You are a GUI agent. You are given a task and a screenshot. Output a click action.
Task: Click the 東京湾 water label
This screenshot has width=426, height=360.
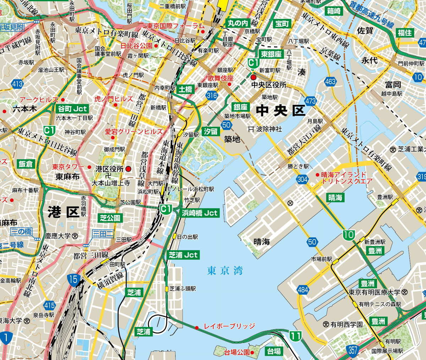pyautogui.click(x=225, y=271)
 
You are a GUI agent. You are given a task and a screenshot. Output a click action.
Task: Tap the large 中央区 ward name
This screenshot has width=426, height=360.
pyautogui.click(x=280, y=111)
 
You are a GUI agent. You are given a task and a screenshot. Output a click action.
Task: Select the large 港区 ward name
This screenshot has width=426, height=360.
pyautogui.click(x=64, y=212)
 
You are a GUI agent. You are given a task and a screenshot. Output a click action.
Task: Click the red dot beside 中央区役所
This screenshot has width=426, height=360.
pyautogui.click(x=253, y=77)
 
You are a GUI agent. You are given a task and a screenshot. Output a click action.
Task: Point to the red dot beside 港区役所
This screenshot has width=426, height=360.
pyautogui.click(x=129, y=169)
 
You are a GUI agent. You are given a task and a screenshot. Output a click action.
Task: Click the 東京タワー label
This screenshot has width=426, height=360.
pyautogui.click(x=68, y=167)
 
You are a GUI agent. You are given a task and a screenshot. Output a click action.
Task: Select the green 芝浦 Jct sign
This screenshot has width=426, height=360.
pyautogui.click(x=183, y=255)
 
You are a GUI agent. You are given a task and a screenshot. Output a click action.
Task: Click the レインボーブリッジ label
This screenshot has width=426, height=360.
pyautogui.click(x=229, y=326)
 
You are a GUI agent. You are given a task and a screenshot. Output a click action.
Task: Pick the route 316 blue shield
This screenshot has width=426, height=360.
pyautogui.click(x=212, y=95)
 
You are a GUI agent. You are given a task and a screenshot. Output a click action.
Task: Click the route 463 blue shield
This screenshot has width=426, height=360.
pyautogui.click(x=330, y=82)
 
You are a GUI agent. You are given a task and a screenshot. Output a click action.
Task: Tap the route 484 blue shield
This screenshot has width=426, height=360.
pyautogui.click(x=303, y=290)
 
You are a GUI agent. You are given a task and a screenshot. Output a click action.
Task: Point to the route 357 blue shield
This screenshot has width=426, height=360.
pyautogui.click(x=353, y=350)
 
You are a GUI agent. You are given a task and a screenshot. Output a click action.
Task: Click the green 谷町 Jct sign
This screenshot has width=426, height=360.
pyautogui.click(x=72, y=109)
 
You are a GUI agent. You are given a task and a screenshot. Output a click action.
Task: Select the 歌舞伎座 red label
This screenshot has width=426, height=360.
pyautogui.click(x=220, y=78)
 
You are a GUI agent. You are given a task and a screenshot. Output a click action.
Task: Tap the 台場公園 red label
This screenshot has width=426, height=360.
pyautogui.click(x=237, y=353)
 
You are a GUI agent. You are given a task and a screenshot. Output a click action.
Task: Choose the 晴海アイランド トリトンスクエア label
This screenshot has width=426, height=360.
pyautogui.click(x=346, y=178)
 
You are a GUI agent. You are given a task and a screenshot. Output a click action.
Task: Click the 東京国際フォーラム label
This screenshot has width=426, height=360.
pyautogui.click(x=176, y=26)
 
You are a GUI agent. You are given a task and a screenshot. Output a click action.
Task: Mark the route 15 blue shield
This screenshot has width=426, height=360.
pyautogui.click(x=73, y=279)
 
